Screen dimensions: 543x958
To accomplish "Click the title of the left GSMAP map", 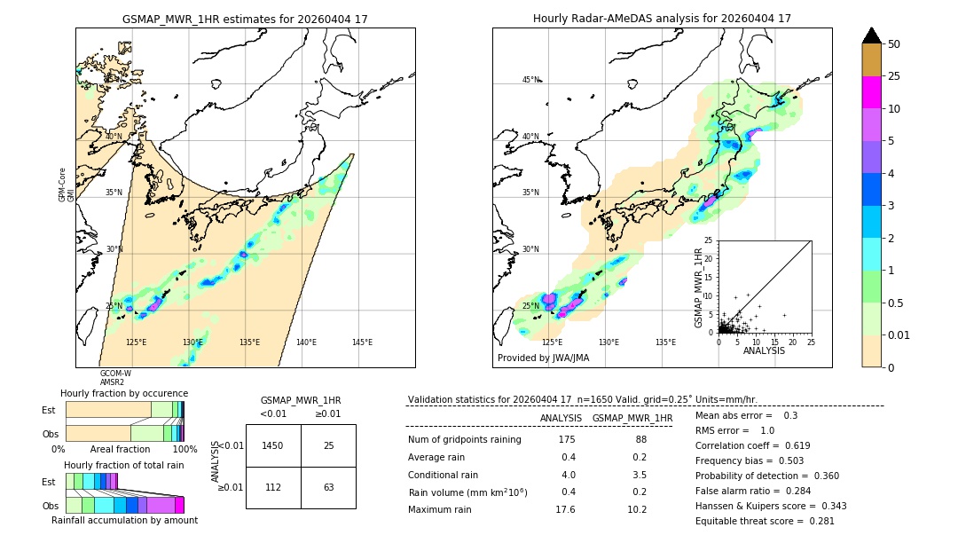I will (x=245, y=19).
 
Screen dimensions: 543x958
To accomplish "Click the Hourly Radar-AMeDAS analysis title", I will (x=662, y=19).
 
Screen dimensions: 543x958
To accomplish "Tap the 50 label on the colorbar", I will (x=895, y=44).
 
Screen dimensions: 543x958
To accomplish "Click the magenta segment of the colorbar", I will (x=871, y=92).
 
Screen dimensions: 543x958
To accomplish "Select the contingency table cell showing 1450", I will (x=273, y=445).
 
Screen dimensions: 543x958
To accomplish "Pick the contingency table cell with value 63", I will (x=328, y=487).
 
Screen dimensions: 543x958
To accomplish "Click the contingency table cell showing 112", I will (x=273, y=487).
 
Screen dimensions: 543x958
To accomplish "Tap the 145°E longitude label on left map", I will (x=362, y=342).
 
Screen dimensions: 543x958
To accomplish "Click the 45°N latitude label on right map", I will (x=530, y=80).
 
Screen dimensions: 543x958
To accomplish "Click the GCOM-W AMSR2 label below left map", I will (x=115, y=378).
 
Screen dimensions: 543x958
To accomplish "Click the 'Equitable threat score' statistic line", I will (x=765, y=521).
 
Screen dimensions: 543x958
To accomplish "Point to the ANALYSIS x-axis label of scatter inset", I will (x=764, y=350).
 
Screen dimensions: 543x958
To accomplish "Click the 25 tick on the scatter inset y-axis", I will (x=709, y=240).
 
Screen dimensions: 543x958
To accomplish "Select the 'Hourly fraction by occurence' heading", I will (x=124, y=393).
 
